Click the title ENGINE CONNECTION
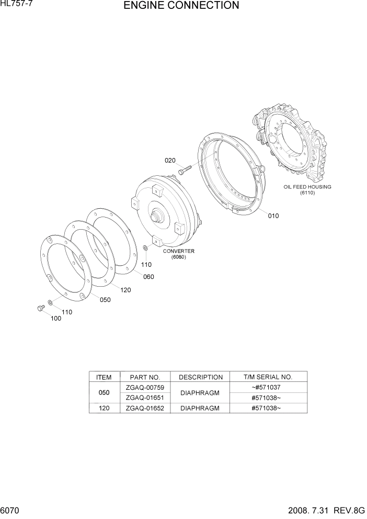point(181,6)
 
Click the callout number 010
point(273,216)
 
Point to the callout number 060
point(148,277)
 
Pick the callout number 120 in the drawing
point(125,290)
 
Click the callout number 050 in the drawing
point(105,300)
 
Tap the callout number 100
point(55,318)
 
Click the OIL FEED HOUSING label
point(307,187)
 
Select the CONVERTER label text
point(178,251)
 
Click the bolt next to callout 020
point(184,168)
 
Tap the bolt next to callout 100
point(40,309)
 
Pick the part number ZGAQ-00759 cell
point(145,388)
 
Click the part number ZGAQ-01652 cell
point(145,408)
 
